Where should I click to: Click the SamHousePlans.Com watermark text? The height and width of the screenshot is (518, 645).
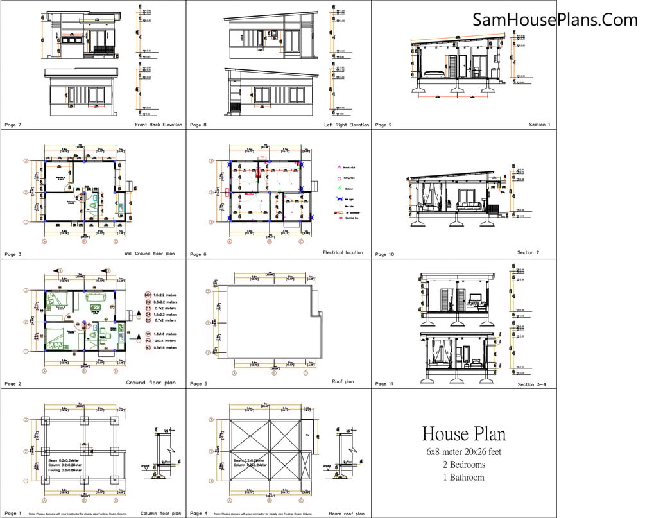(556, 20)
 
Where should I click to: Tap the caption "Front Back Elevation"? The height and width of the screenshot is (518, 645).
(159, 125)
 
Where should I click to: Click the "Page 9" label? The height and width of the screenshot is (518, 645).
(384, 125)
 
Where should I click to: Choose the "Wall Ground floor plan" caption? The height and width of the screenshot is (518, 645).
(150, 254)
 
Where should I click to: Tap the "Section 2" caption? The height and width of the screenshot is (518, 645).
(528, 253)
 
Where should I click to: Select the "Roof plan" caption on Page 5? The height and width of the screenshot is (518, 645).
(343, 381)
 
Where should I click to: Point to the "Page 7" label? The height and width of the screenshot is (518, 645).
(13, 125)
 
